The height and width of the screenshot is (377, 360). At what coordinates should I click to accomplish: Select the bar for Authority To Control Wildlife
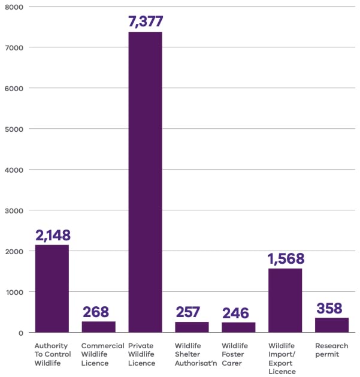pyautogui.click(x=52, y=288)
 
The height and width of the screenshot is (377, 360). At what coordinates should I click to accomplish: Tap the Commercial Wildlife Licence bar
pyautogui.click(x=98, y=327)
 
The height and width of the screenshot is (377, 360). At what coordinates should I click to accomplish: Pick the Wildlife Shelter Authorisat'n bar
pyautogui.click(x=192, y=327)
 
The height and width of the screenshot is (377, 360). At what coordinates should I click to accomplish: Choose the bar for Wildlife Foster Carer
pyautogui.click(x=238, y=327)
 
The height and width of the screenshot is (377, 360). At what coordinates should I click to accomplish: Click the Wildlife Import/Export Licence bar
pyautogui.click(x=285, y=300)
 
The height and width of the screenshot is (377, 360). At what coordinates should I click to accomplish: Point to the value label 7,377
pyautogui.click(x=145, y=22)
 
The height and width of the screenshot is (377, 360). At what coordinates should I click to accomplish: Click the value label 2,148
pyautogui.click(x=52, y=235)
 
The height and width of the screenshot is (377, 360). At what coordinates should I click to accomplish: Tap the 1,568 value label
pyautogui.click(x=286, y=258)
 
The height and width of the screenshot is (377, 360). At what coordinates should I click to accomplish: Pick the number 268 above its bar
pyautogui.click(x=96, y=312)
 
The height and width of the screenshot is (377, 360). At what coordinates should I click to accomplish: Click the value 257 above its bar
pyautogui.click(x=189, y=312)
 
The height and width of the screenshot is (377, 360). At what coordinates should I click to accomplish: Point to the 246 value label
pyautogui.click(x=235, y=313)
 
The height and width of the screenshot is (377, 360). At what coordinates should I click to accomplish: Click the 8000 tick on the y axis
pyautogui.click(x=14, y=7)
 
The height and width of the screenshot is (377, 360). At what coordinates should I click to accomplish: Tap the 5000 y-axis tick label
pyautogui.click(x=14, y=129)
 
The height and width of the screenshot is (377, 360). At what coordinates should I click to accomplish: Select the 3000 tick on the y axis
pyautogui.click(x=14, y=210)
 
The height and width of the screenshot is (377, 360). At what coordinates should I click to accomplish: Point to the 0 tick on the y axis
pyautogui.click(x=21, y=333)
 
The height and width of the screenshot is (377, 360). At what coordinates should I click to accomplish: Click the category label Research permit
pyautogui.click(x=331, y=350)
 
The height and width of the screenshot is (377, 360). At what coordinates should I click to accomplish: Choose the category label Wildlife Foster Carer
pyautogui.click(x=235, y=354)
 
